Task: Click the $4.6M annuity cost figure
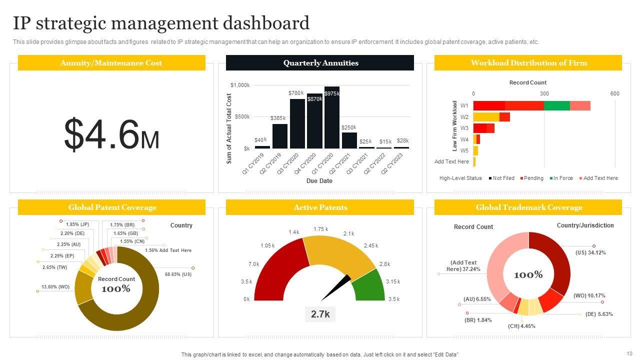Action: point(111,134)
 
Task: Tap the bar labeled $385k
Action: point(280,136)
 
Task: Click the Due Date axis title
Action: point(319,181)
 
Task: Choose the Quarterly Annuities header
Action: point(320,63)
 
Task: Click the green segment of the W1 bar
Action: point(556,105)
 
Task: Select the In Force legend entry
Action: point(562,178)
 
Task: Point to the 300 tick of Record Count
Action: point(544,94)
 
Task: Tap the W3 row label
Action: point(464,128)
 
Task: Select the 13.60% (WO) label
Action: point(55,287)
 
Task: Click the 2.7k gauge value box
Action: point(320,314)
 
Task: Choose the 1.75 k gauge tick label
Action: point(320,229)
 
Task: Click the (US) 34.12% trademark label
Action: point(590,253)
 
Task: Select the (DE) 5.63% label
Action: point(599,314)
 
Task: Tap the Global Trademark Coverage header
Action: point(528,207)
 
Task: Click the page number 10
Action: point(629,353)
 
